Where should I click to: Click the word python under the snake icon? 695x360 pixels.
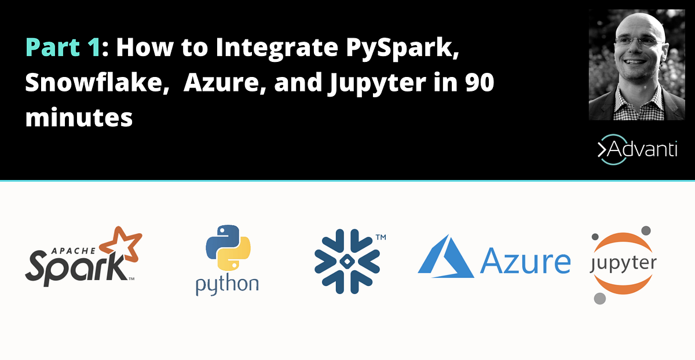[x=227, y=284]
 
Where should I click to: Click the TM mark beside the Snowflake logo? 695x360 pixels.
[x=381, y=237]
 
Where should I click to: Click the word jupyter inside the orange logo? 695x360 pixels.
[x=623, y=265]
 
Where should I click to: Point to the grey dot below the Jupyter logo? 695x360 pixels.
[x=599, y=299]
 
